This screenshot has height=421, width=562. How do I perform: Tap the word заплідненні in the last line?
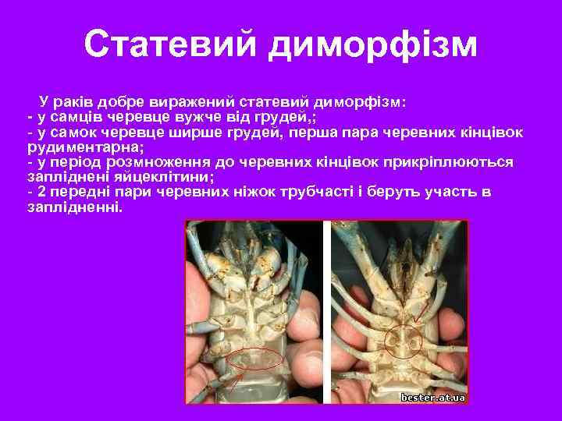[74, 207]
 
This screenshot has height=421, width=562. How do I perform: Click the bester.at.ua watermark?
[433, 398]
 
